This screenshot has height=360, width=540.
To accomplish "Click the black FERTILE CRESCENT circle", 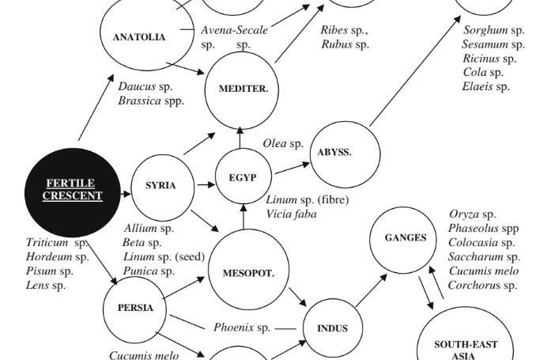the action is tap(73, 192).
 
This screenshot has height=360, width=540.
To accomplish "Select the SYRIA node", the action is tap(163, 188).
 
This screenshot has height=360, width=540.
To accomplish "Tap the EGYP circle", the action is tap(244, 176).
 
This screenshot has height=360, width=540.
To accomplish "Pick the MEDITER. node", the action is tap(242, 91).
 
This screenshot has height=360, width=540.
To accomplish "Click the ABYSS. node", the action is tap(345, 154).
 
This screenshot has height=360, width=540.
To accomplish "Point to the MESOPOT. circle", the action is tap(248, 269).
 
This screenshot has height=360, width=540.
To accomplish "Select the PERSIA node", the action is tap(134, 309).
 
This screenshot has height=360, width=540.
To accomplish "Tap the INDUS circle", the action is tap(333, 328).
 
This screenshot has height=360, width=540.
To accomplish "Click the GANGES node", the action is tap(403, 240).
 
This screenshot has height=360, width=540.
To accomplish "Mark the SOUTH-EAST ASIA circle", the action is tap(465, 333).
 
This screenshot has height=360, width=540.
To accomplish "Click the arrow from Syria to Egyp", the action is tap(206, 185).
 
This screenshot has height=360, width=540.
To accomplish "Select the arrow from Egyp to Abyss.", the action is tap(292, 168).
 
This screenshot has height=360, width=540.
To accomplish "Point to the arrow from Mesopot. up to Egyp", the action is tap(244, 217).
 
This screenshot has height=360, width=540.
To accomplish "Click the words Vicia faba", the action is tap(292, 214).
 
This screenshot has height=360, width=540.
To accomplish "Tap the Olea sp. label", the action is tap(283, 143).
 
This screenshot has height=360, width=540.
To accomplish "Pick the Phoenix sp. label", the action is tap(242, 328).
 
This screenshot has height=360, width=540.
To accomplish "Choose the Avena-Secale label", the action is tap(235, 30).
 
